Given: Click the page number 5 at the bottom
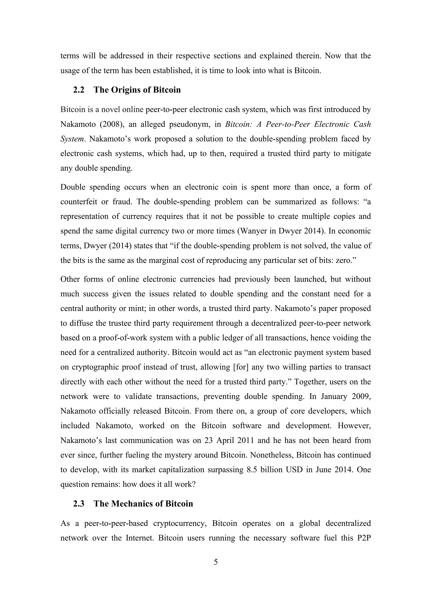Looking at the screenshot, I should point(216,562).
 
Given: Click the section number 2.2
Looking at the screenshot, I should point(79,90).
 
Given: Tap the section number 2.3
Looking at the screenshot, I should point(79,504).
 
